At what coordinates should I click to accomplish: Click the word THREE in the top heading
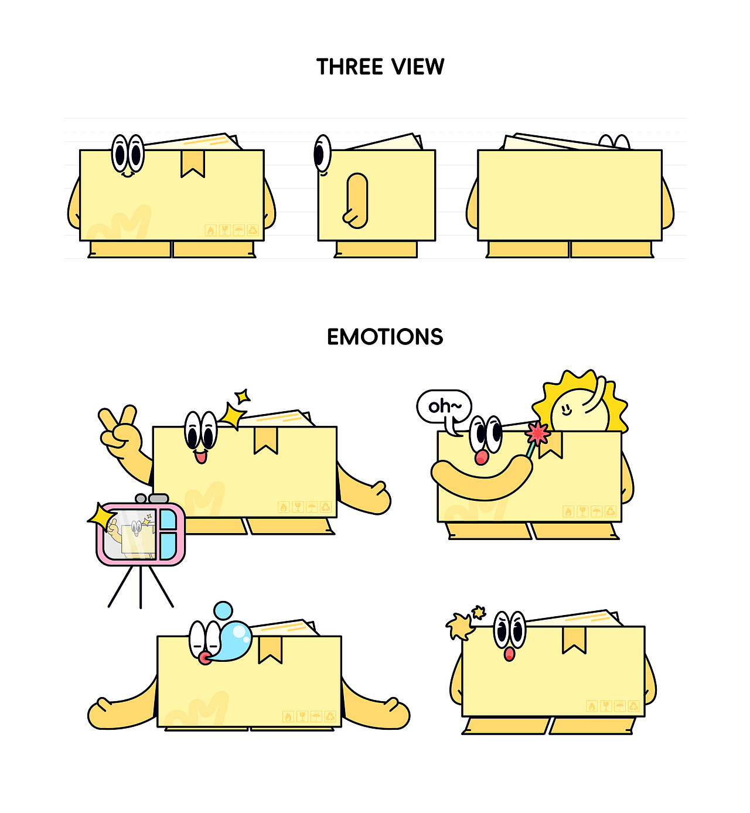pyautogui.click(x=350, y=67)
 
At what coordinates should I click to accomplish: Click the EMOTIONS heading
pyautogui.click(x=385, y=337)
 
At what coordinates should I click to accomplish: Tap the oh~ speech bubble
pyautogui.click(x=444, y=408)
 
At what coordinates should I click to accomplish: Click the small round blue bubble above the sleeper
pyautogui.click(x=223, y=610)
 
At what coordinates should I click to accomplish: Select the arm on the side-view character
pyautogui.click(x=356, y=200)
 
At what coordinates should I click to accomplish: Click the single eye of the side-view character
pyautogui.click(x=322, y=153)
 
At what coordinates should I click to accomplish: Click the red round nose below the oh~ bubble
pyautogui.click(x=482, y=457)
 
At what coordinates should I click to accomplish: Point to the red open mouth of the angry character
pyautogui.click(x=509, y=654)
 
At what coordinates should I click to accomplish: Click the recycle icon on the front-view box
pyautogui.click(x=253, y=230)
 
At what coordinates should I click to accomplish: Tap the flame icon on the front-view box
pyautogui.click(x=210, y=230)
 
